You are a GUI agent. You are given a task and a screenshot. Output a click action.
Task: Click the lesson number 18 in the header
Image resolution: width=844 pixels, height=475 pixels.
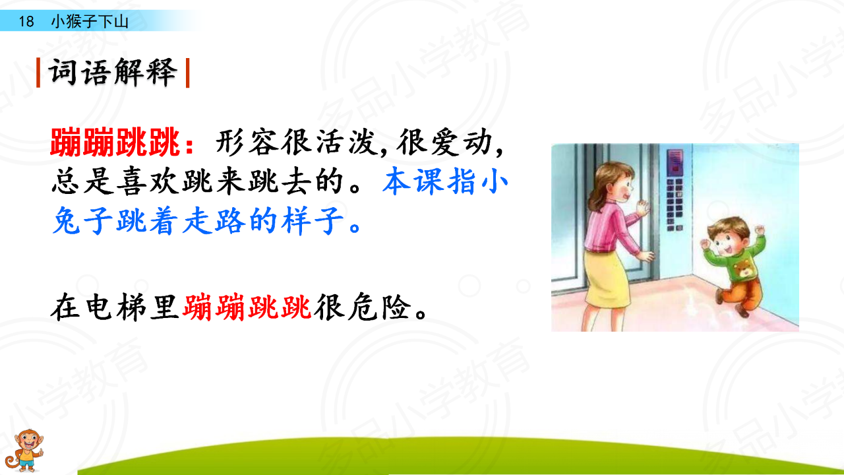point(26,22)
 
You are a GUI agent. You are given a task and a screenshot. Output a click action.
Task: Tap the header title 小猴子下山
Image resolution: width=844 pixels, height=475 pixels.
point(90,22)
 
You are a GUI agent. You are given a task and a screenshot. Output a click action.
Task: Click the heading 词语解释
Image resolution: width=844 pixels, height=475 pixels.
point(113,73)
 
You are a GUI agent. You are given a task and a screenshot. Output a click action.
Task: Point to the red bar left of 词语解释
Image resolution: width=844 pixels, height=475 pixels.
point(38,73)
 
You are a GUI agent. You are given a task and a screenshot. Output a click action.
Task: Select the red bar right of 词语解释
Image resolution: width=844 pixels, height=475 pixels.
point(188,73)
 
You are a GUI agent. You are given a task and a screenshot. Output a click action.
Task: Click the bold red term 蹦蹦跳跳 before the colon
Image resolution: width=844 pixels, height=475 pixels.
point(115,142)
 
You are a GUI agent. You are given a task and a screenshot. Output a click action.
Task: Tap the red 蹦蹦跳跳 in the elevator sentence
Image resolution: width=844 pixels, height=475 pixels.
point(247,307)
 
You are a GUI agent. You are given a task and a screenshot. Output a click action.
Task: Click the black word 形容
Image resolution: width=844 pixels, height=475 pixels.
point(247,142)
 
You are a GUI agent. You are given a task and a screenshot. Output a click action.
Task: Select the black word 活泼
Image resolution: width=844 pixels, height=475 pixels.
point(347,142)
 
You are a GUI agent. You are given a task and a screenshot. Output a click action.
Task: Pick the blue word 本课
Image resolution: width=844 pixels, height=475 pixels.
point(413,181)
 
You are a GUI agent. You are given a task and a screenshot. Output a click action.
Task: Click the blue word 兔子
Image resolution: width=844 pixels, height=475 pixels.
point(83,220)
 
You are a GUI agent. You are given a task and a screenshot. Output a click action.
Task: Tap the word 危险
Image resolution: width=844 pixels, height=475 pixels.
point(378,307)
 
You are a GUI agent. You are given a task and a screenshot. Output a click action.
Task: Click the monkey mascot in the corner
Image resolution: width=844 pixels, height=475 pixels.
point(24,451)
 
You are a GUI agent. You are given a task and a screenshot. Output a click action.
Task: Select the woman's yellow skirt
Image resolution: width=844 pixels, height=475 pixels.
point(606,278)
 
